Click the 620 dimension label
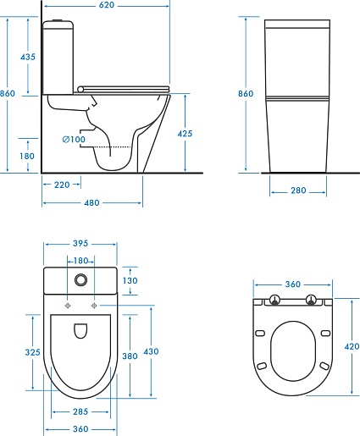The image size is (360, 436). tap(107, 5)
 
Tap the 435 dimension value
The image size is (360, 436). tap(28, 57)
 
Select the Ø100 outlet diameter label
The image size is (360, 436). tap(74, 140)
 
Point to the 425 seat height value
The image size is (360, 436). tap(185, 134)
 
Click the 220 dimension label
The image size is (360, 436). tap(62, 185)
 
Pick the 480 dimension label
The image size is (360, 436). tap(91, 202)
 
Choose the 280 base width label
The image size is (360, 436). tap(298, 190)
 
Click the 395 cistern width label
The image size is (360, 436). tap(80, 243)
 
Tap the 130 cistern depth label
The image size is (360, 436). tap(130, 280)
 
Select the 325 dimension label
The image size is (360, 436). tap(33, 352)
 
